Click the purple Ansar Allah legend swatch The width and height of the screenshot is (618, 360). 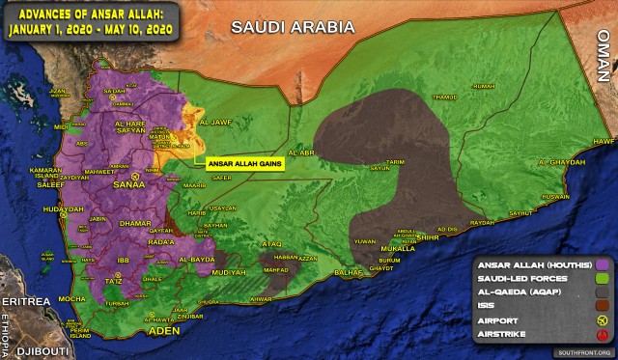(604, 263)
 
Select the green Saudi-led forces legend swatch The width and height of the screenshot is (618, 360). (604, 280)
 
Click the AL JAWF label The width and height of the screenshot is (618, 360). (215, 124)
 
